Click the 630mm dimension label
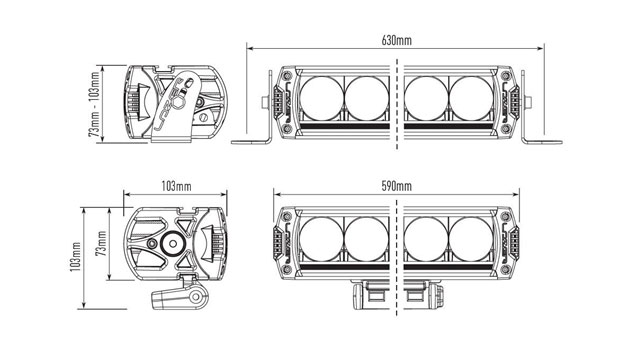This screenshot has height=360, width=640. (396, 41)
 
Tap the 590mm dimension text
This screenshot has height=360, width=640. (396, 187)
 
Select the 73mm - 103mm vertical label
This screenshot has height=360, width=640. (95, 104)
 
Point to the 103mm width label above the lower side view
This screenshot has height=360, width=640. (176, 187)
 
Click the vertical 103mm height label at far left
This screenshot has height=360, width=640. (76, 257)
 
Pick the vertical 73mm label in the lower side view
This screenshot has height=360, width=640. (102, 243)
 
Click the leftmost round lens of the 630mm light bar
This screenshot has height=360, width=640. (321, 98)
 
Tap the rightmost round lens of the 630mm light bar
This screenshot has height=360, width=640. (471, 98)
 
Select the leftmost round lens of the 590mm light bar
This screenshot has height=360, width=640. (321, 239)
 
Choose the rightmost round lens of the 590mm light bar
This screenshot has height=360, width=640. (471, 239)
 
